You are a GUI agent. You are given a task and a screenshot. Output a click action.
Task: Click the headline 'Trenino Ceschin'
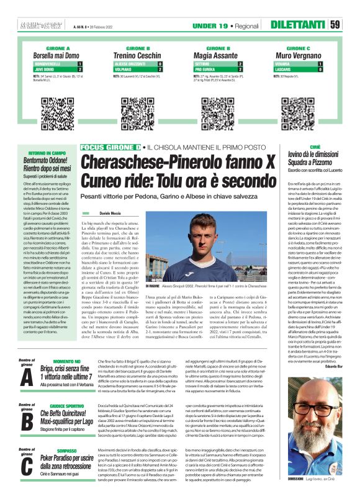pos(138,55)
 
